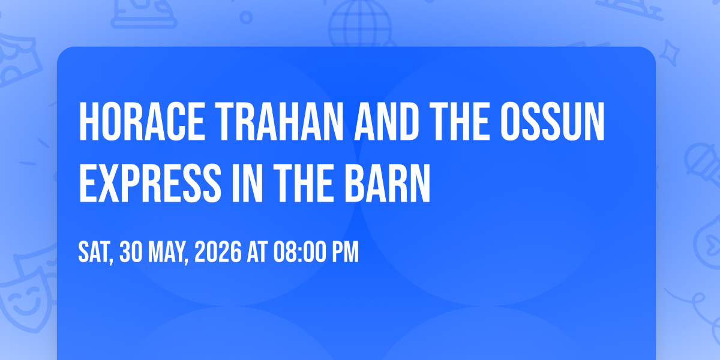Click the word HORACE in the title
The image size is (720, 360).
[x=142, y=121]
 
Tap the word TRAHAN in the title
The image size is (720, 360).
[x=280, y=121]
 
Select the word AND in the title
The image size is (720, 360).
[x=386, y=121]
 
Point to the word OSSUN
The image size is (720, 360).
[x=553, y=121]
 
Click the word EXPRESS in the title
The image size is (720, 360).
[x=150, y=183]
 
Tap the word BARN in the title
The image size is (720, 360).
[x=388, y=183]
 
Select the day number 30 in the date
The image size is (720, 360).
[x=131, y=252]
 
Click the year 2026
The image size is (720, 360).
[x=218, y=252]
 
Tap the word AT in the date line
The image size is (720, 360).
[x=257, y=252]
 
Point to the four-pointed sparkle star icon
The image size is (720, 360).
[x=669, y=53]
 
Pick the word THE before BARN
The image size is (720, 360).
[x=304, y=183]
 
